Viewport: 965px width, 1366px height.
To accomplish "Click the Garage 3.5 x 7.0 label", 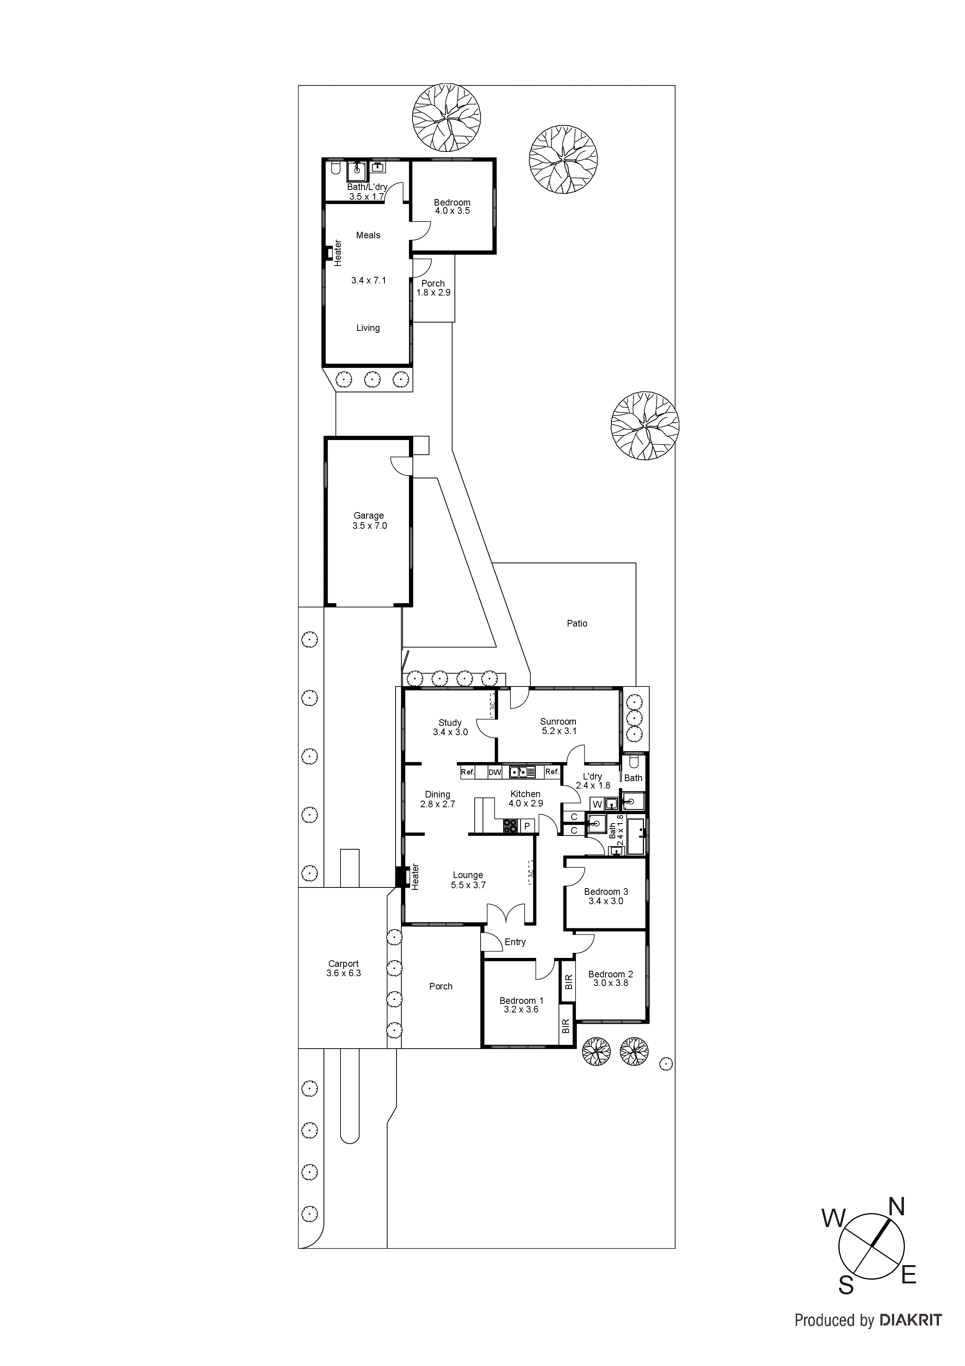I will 369,521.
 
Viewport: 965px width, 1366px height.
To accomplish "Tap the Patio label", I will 577,623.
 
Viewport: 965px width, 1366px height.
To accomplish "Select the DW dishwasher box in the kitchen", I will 495,772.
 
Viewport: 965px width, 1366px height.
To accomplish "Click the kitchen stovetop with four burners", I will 510,826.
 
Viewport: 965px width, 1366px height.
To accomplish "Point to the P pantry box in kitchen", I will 527,826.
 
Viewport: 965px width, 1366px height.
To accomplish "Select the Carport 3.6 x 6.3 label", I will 343,968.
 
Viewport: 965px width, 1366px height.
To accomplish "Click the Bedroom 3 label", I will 606,896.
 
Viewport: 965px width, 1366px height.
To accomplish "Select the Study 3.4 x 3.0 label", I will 450,727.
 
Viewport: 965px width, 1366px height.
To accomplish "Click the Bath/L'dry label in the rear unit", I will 367,191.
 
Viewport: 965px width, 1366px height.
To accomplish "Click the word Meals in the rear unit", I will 368,236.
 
